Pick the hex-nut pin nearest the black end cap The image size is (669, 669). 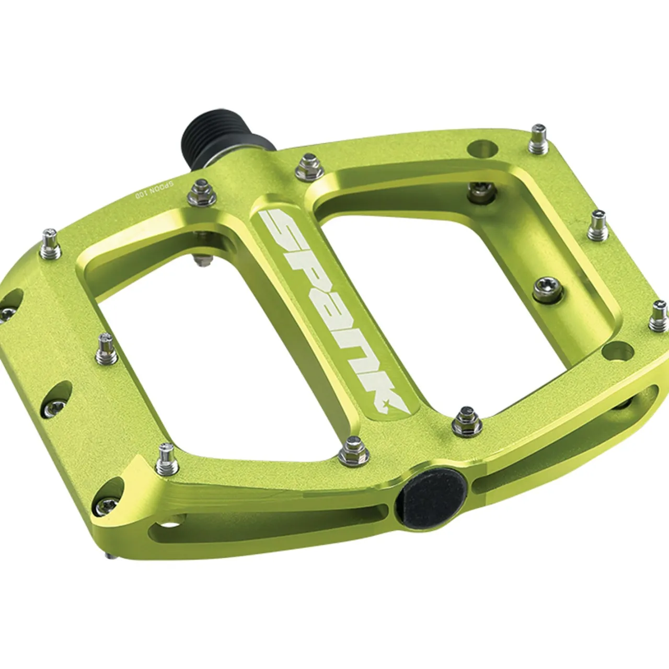(349, 453)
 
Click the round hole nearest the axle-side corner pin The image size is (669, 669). (482, 148)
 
